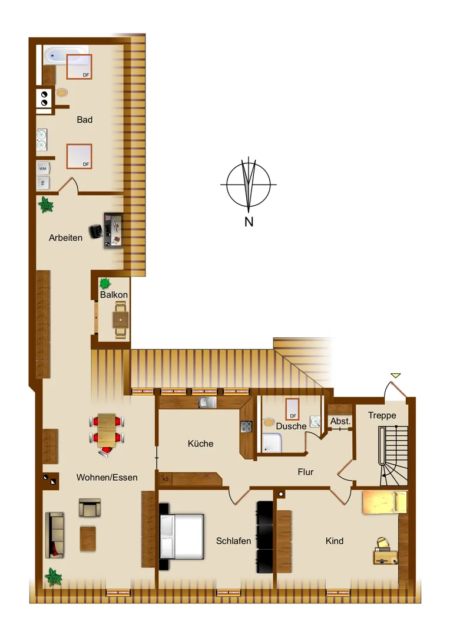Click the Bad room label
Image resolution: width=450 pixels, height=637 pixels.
pos(84,119)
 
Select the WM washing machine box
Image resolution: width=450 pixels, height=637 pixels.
pos(43,168)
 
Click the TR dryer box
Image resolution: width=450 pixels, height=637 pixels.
pos(43,183)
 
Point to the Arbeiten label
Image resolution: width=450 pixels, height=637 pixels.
pos(65,238)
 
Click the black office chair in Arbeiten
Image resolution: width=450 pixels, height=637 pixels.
pos(96,231)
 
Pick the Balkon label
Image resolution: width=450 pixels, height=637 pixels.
pos(114,294)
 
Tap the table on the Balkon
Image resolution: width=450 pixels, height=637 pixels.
pos(121,320)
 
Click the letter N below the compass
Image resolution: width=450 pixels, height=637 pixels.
pos(249,222)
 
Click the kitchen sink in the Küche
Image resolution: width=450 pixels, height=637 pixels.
pos(207,403)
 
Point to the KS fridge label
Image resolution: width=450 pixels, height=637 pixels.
pos(166,479)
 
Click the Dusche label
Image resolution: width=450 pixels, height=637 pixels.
pos(291,426)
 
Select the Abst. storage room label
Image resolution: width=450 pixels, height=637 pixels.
pos(340,421)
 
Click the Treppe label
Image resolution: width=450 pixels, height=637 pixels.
pos(382,415)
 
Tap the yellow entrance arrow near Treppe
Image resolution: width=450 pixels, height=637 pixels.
pos(396,376)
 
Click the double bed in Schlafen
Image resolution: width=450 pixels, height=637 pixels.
pos(181,536)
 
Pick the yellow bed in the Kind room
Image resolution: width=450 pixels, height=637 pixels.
pos(384,503)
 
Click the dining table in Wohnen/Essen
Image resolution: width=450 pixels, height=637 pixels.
pos(107,430)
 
